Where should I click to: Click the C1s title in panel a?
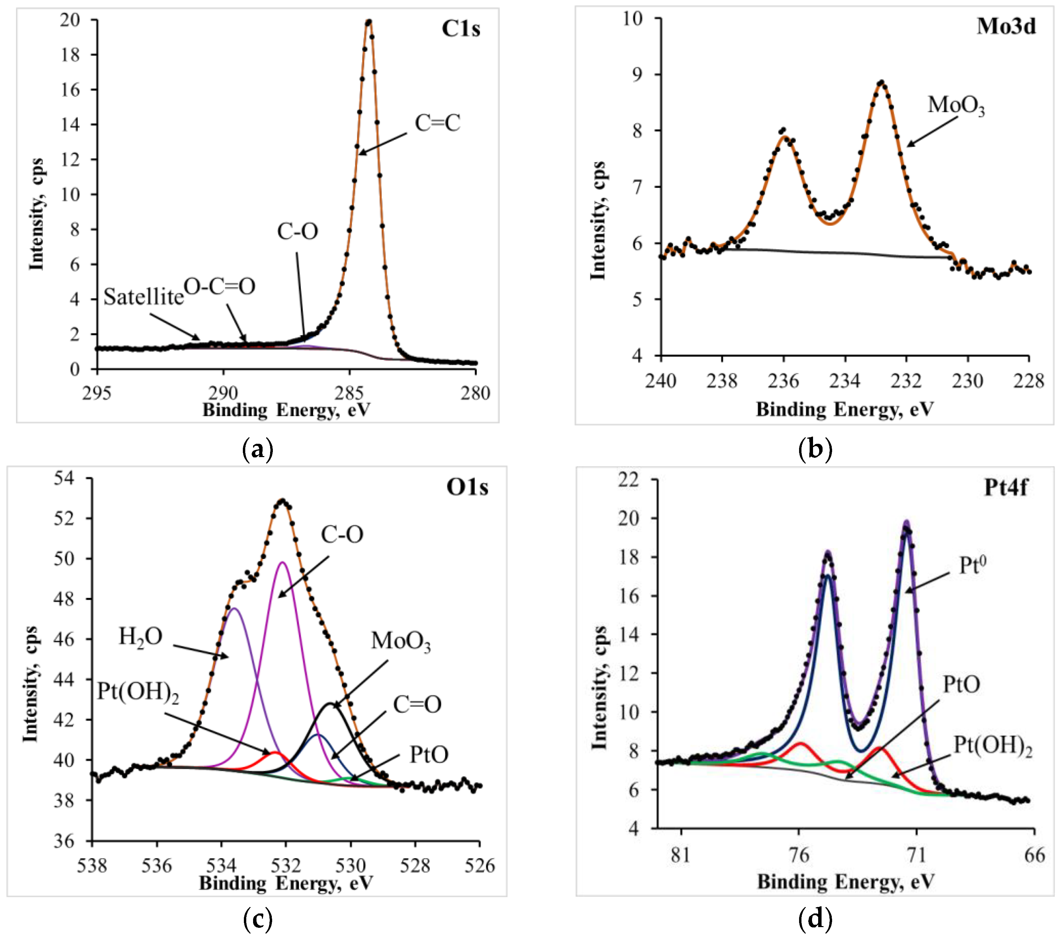(461, 29)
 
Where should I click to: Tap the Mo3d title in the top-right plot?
(1005, 26)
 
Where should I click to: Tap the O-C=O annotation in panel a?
(220, 286)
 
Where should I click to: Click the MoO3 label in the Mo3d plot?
(956, 105)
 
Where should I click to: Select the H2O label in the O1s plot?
(140, 636)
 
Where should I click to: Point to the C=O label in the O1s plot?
(417, 705)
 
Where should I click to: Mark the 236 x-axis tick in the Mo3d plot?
(783, 381)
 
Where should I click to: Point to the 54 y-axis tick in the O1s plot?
(64, 478)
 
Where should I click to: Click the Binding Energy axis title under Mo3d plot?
(845, 409)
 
